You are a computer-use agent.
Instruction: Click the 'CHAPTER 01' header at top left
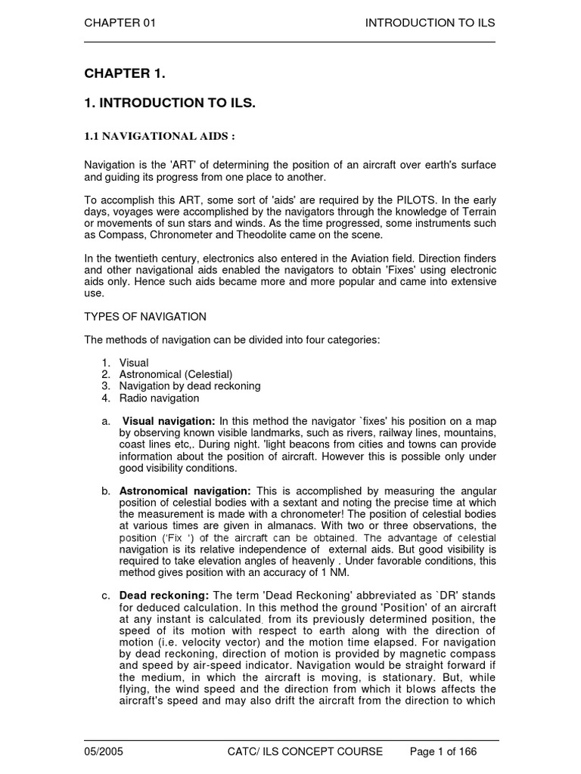120,23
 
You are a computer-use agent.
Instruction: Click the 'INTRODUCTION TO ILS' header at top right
430,23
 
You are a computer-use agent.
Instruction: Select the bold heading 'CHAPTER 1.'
124,73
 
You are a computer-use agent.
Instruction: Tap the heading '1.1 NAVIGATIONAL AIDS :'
159,136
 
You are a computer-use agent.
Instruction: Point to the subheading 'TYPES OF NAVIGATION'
144,317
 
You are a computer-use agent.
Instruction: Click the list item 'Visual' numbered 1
134,363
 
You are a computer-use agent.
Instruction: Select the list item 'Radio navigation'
159,398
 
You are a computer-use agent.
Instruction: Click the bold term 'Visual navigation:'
169,421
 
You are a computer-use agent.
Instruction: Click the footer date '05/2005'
104,752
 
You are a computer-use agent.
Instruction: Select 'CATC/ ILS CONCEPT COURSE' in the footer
305,752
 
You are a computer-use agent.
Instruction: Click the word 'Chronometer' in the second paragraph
192,235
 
